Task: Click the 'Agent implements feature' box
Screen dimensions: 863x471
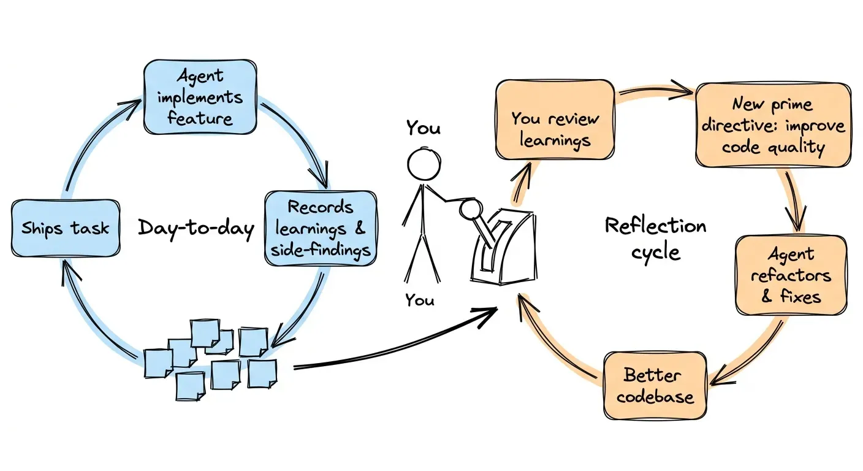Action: [x=200, y=97]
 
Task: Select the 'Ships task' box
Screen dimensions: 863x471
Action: [x=66, y=228]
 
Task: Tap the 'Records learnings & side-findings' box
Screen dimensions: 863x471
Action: [x=321, y=228]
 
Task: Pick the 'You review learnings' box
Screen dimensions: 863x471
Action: [x=555, y=120]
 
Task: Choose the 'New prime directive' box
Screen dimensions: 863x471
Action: [x=774, y=125]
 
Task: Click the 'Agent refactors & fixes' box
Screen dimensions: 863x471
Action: [x=791, y=275]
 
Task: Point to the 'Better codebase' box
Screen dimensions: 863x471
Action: [x=655, y=385]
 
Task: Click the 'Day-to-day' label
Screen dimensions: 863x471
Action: [x=196, y=228]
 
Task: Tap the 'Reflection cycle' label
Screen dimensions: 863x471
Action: [x=655, y=239]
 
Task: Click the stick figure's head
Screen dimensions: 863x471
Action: [x=424, y=164]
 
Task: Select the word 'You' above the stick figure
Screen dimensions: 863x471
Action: [x=423, y=128]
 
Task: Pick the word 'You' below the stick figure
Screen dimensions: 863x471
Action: [x=420, y=300]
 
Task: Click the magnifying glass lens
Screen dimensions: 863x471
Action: [x=471, y=209]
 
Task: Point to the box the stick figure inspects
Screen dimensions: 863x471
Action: [x=504, y=247]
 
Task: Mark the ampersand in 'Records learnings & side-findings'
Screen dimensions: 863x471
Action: [x=359, y=228]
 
